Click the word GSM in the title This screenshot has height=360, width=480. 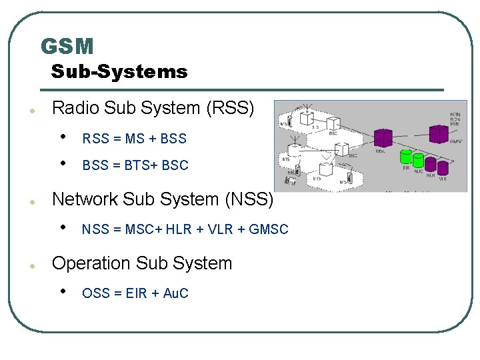(x=67, y=46)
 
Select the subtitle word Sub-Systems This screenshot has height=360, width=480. (x=119, y=71)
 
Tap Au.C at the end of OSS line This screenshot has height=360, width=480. (x=175, y=293)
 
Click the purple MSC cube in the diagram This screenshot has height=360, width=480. (x=382, y=138)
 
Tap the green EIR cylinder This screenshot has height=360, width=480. (x=405, y=157)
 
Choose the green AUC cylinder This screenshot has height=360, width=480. (x=418, y=161)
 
